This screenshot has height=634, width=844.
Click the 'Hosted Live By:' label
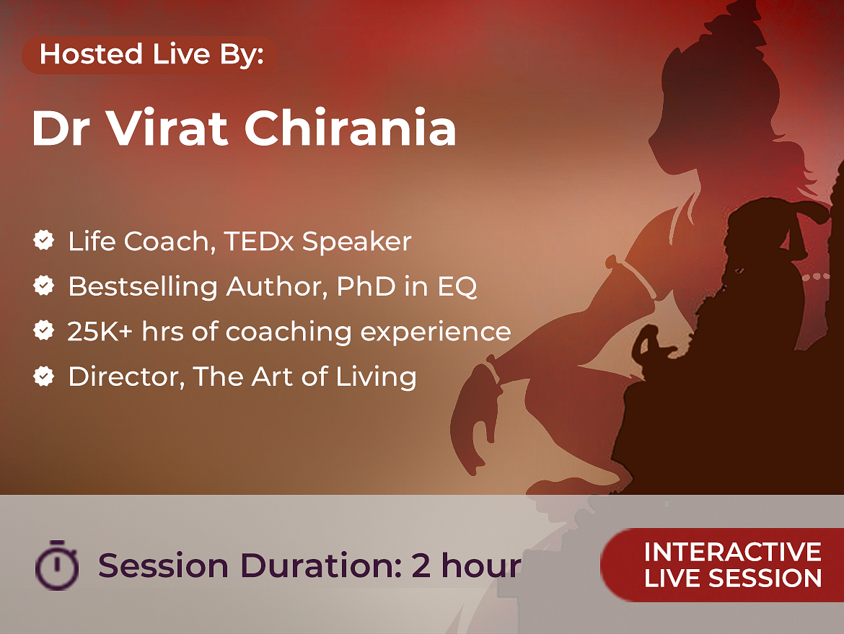pyautogui.click(x=151, y=54)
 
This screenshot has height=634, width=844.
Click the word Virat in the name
pyautogui.click(x=166, y=128)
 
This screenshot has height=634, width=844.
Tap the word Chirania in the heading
pyautogui.click(x=351, y=128)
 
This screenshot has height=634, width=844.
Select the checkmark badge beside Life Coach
pyautogui.click(x=43, y=240)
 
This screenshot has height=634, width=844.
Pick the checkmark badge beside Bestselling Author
pyautogui.click(x=43, y=285)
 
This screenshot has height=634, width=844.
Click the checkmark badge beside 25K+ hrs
pyautogui.click(x=43, y=330)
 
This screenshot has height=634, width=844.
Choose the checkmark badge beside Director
pyautogui.click(x=43, y=377)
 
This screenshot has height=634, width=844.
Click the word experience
pyautogui.click(x=436, y=333)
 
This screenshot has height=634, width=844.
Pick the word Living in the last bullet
pyautogui.click(x=377, y=377)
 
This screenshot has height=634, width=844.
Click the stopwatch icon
pyautogui.click(x=57, y=565)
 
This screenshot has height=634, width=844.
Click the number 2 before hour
pyautogui.click(x=421, y=565)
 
